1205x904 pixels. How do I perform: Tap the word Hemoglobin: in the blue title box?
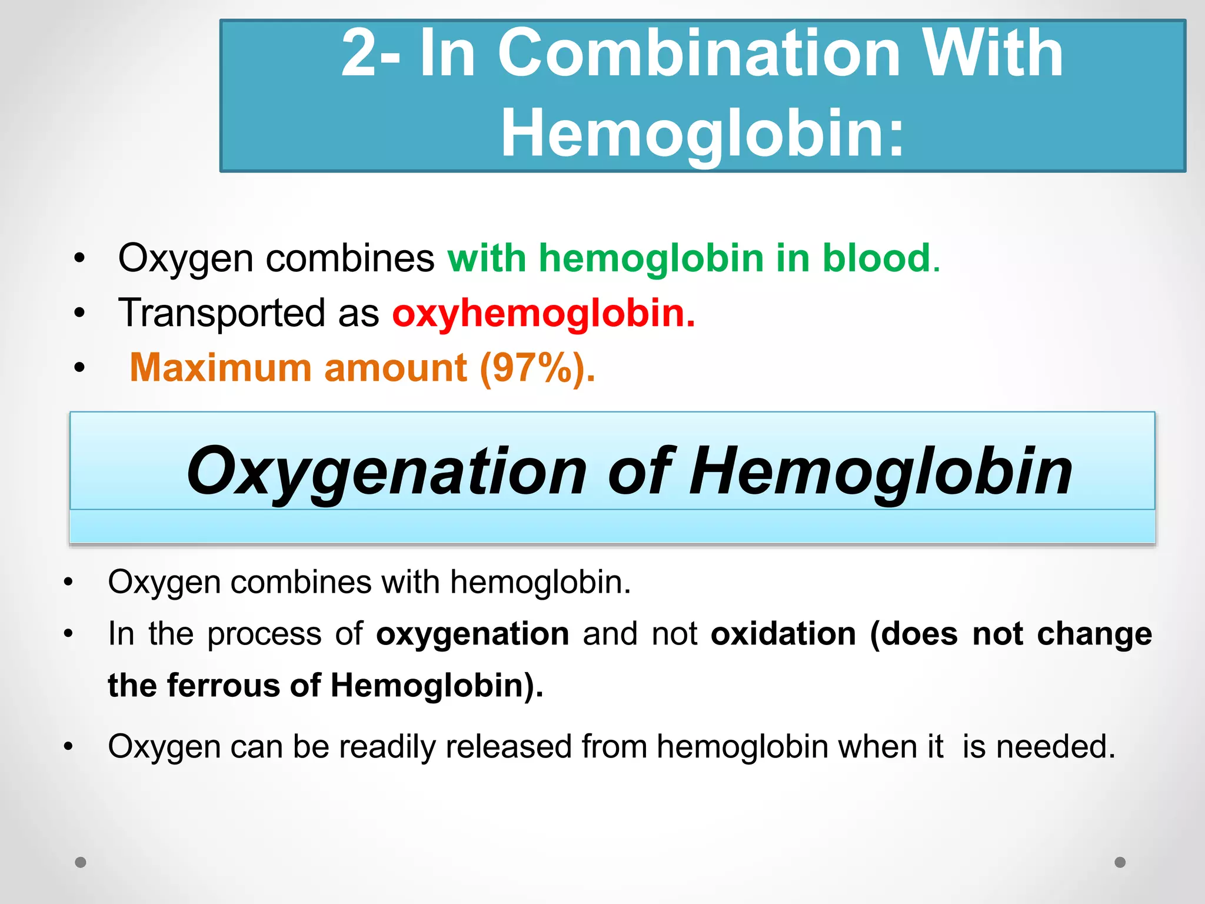[x=703, y=134]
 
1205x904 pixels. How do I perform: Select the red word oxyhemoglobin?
[x=543, y=314]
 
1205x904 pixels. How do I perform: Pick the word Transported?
[x=222, y=314]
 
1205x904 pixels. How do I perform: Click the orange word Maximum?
[x=220, y=368]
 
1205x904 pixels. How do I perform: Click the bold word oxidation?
[x=783, y=634]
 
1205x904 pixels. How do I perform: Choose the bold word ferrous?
[x=224, y=686]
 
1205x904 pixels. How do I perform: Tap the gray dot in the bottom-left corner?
[x=81, y=862]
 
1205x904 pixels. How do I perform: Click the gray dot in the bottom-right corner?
[x=1120, y=862]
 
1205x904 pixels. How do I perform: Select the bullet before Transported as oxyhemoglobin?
[x=79, y=314]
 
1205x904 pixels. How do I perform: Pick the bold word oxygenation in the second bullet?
[x=472, y=634]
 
